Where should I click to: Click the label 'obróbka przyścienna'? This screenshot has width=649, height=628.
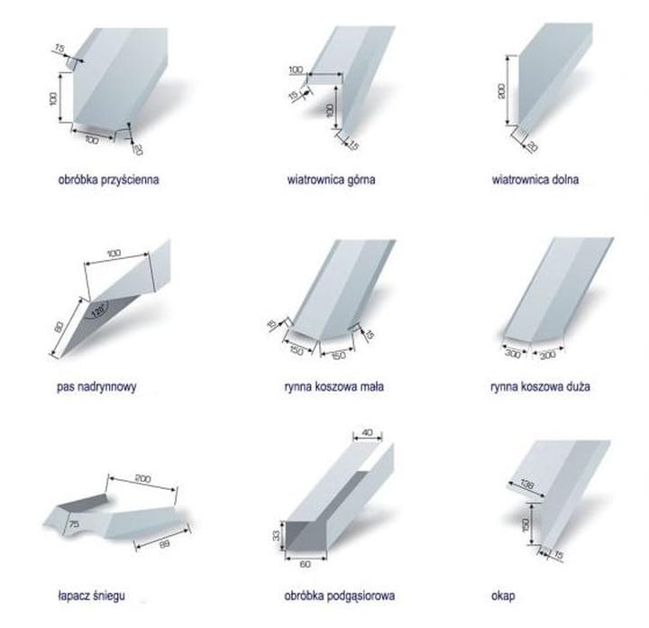(108, 180)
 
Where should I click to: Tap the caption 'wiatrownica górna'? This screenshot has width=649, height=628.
(331, 180)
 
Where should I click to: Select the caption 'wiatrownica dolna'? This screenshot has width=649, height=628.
(535, 180)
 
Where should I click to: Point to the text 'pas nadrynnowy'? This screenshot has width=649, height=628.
(96, 386)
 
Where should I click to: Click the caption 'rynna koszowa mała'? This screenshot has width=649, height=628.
(334, 386)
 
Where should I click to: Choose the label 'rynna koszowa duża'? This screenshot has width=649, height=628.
(540, 386)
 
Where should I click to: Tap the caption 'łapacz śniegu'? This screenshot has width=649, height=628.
(91, 596)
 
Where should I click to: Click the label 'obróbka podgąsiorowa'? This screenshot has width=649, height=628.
(340, 596)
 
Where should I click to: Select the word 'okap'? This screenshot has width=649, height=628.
(503, 596)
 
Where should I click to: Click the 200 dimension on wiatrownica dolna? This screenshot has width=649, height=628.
(501, 91)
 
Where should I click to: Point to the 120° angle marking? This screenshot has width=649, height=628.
(98, 309)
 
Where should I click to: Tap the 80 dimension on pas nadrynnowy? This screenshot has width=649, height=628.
(59, 327)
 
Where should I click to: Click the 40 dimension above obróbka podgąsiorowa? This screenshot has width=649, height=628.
(367, 432)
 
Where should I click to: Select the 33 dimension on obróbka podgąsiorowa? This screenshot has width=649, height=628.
(276, 535)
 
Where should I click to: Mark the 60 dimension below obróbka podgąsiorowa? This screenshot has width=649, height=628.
(305, 564)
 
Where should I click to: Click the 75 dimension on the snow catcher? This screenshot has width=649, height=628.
(74, 523)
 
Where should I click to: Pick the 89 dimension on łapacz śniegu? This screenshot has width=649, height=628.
(164, 544)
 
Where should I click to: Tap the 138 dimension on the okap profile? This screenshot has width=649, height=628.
(526, 484)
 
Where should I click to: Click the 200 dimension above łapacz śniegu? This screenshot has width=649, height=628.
(142, 478)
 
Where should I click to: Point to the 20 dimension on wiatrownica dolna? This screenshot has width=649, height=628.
(533, 146)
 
